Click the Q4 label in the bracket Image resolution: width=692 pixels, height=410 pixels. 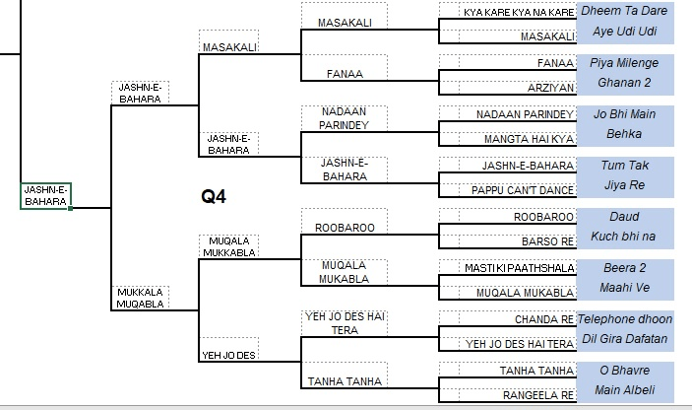coord(214,197)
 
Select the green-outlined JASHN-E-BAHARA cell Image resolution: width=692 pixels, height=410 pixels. coord(45,195)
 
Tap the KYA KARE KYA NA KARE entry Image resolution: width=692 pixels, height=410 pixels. coord(519,12)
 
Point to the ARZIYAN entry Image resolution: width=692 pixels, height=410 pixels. coord(550,88)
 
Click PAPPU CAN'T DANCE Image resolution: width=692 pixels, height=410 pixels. coord(522,189)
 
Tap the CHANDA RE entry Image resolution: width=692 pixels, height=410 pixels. coord(543,319)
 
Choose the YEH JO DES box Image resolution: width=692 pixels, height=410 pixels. coord(229,355)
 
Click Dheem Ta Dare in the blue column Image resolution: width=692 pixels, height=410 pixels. coord(624,11)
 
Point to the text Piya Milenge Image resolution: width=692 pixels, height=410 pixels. coord(624,62)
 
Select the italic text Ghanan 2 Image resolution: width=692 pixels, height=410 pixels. coord(624,82)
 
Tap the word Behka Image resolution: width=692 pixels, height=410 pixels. coord(624,133)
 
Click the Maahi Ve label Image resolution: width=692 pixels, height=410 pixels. coord(624,287)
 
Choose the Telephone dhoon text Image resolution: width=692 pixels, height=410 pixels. coord(624,318)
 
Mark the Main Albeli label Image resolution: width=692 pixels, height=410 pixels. coord(624,389)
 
